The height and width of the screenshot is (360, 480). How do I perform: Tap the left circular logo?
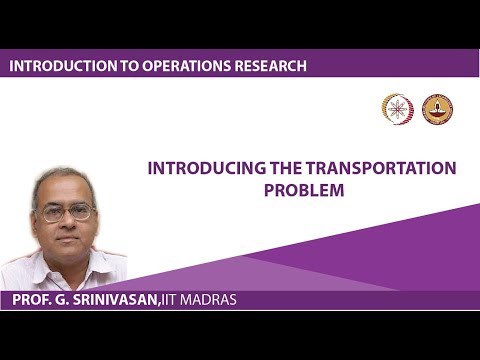click(x=397, y=109)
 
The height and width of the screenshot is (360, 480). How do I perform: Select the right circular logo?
click(x=437, y=109)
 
